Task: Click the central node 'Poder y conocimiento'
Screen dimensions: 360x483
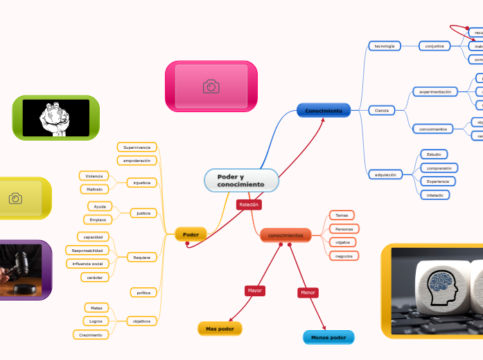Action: tap(240, 181)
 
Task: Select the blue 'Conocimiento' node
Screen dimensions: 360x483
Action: tap(324, 110)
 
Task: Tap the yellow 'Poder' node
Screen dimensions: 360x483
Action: tap(191, 235)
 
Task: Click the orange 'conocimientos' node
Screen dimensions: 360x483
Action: tap(286, 236)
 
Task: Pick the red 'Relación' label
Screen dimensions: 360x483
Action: tap(249, 205)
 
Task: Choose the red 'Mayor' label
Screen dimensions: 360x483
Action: tap(255, 291)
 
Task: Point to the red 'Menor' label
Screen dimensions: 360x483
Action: tap(308, 293)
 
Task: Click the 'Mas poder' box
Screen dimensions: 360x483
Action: tap(220, 329)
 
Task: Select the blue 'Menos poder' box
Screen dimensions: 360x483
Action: tap(328, 338)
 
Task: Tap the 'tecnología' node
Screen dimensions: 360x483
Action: tap(385, 46)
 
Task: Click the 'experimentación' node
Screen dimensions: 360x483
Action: tap(435, 91)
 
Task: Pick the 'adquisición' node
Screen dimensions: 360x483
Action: tap(385, 175)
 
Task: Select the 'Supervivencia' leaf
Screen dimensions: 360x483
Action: tap(137, 147)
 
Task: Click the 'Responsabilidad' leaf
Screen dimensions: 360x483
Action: tap(87, 250)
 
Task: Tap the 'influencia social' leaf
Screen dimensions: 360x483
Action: tap(87, 264)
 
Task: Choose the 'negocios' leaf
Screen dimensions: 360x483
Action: tap(343, 256)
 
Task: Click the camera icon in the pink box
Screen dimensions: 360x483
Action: tap(211, 87)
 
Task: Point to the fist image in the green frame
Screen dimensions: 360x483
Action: tap(55, 118)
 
